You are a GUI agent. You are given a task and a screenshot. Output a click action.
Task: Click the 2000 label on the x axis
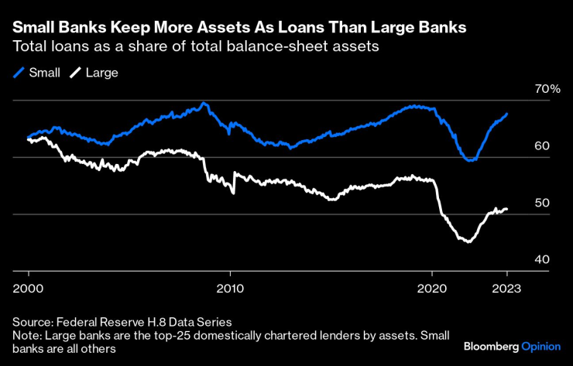point(29,286)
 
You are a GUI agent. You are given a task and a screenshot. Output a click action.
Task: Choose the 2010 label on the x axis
point(230,286)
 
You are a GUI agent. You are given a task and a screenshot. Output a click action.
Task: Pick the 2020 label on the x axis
point(431,286)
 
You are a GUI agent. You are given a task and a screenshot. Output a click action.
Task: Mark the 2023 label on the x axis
point(507,286)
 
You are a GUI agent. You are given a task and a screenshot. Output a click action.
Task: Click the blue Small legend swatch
point(19,73)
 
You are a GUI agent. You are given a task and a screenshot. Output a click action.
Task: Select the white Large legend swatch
point(76,73)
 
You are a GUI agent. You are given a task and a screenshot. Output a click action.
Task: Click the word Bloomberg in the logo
point(491,345)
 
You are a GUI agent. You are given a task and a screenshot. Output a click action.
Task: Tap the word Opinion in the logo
point(540,345)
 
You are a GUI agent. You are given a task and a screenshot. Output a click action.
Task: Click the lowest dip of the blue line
point(469,160)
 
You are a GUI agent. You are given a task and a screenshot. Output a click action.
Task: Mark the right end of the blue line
point(507,114)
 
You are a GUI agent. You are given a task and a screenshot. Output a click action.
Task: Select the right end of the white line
point(507,209)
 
